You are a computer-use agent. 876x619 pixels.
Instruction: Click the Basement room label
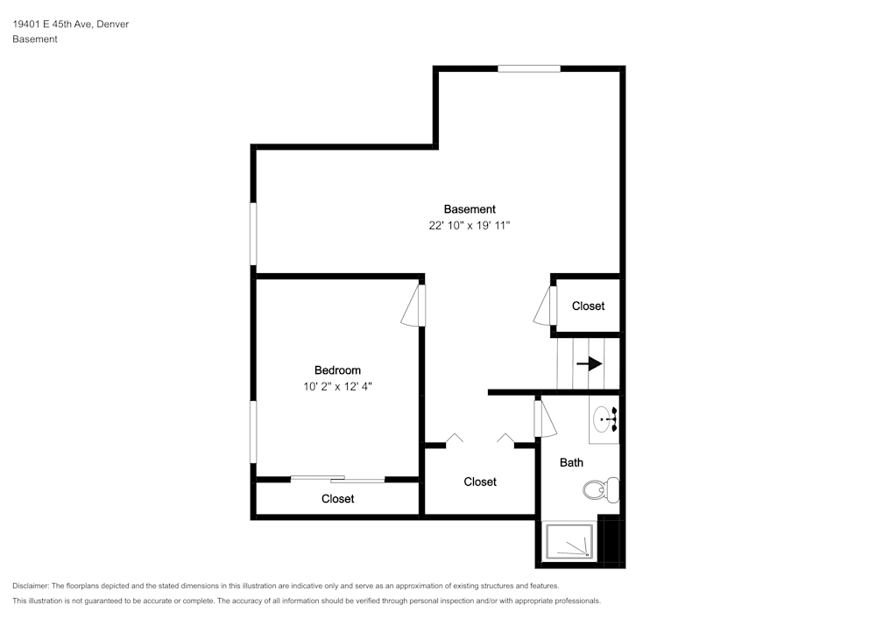(470, 209)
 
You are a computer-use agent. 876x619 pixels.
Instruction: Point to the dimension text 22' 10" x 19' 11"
(470, 226)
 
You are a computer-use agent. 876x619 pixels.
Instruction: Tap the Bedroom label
(337, 370)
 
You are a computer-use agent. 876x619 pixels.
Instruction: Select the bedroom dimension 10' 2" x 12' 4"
(337, 386)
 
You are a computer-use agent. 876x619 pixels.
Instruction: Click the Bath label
(571, 462)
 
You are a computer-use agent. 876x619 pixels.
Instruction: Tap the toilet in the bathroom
(601, 490)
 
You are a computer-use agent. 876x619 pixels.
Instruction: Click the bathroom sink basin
(603, 419)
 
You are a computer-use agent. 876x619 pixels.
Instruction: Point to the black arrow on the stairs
(589, 364)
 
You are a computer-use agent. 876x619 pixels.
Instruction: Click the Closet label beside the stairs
(589, 306)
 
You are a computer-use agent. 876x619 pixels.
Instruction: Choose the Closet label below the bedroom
(337, 499)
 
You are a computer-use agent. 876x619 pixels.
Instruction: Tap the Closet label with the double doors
(480, 482)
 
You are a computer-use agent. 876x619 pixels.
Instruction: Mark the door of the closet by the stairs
(546, 306)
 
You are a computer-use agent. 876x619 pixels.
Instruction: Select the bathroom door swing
(545, 419)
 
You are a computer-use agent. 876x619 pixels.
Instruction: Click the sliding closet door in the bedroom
(337, 478)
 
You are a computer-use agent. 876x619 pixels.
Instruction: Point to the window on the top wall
(529, 68)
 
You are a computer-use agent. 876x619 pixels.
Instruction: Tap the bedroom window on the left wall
(253, 432)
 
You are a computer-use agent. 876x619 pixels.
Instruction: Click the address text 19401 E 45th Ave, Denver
(71, 24)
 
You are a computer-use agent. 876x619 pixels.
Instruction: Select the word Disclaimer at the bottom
(30, 586)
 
